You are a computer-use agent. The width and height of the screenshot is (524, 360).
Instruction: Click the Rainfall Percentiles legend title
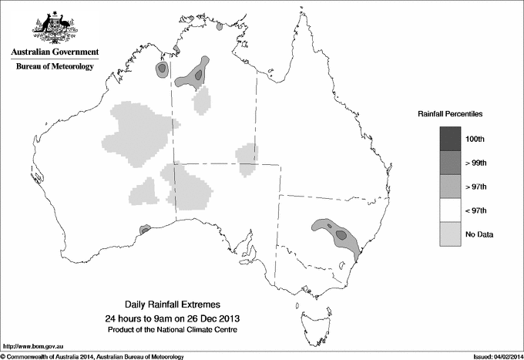(450, 113)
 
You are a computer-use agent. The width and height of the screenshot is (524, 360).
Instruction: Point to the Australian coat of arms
(54, 27)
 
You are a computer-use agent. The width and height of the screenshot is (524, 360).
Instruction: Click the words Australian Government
(54, 52)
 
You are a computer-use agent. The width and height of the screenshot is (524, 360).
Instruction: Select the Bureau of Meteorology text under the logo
(54, 66)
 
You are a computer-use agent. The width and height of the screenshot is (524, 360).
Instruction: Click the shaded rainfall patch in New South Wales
(338, 234)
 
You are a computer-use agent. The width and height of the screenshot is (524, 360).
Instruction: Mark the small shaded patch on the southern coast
(143, 229)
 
